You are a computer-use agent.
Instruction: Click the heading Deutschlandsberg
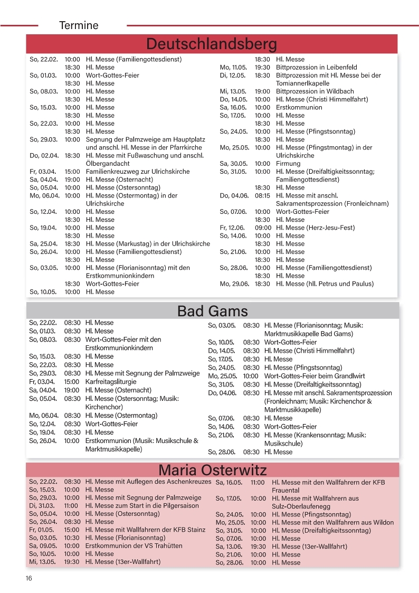point(212,43)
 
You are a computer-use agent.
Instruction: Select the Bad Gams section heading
point(212,311)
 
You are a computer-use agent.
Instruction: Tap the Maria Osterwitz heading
point(213,470)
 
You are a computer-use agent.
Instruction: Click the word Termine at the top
point(79,25)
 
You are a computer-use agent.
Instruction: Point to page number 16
point(28,578)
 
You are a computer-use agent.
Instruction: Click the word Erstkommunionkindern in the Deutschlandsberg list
point(120,276)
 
